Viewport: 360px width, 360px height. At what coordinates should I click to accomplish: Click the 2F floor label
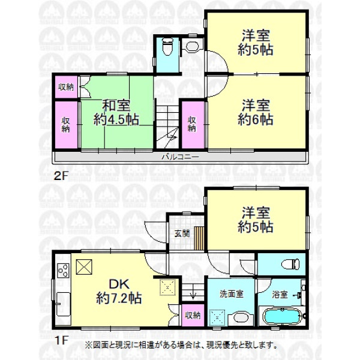61,176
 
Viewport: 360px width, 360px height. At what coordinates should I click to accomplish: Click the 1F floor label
61,340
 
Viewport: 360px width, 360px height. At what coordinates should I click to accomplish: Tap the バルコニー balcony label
180,157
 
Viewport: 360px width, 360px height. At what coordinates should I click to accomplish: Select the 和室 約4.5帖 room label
116,113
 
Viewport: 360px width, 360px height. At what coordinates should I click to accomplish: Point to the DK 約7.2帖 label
119,291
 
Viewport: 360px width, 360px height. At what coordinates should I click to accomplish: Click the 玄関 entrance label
182,233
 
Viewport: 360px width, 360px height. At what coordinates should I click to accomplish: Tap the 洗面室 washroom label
231,294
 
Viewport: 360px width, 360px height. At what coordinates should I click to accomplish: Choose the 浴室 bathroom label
280,295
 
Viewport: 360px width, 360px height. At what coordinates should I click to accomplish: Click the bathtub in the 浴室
283,316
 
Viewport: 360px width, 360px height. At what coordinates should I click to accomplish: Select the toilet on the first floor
290,264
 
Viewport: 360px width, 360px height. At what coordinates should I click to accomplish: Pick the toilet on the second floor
167,47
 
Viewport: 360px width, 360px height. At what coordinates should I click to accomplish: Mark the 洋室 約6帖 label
256,113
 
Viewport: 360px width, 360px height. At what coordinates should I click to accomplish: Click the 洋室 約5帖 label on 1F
256,220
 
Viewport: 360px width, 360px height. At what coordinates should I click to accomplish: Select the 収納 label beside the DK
193,316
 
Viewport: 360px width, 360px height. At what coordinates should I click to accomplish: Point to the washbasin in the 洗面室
241,318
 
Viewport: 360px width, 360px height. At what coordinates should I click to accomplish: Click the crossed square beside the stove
84,267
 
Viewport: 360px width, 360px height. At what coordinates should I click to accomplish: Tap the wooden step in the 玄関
199,238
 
